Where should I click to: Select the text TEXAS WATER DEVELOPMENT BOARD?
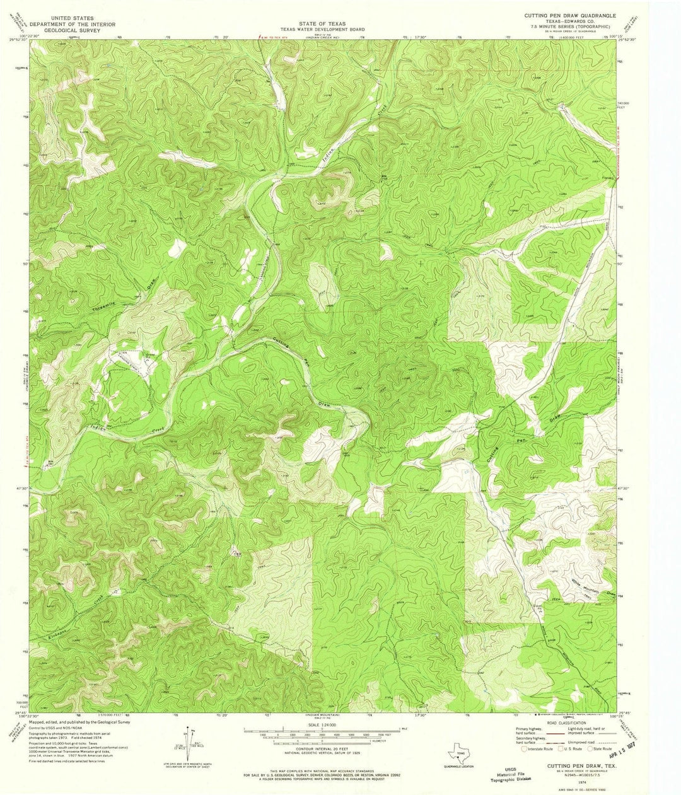[313, 29]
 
